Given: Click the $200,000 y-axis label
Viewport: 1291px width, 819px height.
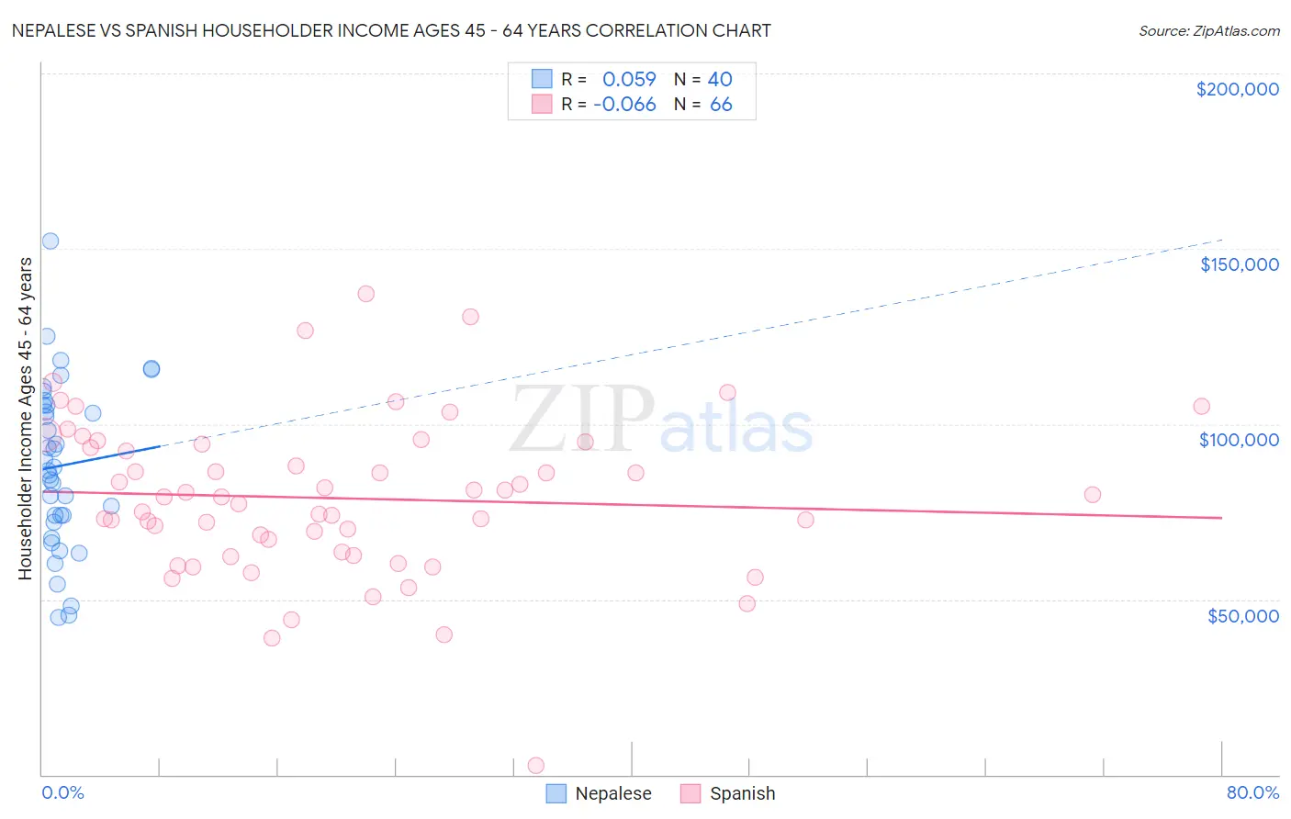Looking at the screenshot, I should coord(1237,89).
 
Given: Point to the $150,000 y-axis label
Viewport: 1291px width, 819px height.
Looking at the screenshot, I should coord(1239,264).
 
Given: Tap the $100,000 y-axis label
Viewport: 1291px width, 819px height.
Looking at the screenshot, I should coord(1239,440).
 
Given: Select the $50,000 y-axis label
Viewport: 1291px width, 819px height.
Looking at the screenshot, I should coord(1242,616).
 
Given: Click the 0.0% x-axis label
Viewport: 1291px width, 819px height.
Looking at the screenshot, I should coord(62,792).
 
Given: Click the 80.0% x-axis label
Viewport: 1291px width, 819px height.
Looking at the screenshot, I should coord(1252,792).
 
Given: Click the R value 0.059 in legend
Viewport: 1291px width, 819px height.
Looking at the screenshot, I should coord(629,80).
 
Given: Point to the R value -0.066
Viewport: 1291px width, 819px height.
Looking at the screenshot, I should coord(624,105).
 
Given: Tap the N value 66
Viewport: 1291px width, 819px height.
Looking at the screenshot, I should coord(721,105).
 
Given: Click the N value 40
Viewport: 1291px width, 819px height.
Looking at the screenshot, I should coord(720,80).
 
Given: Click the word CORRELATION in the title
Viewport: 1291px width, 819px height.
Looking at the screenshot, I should coord(646,30).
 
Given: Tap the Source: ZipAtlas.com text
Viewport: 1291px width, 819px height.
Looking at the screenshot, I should coord(1208,30).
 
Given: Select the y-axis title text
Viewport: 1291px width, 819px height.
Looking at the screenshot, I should coord(26,418).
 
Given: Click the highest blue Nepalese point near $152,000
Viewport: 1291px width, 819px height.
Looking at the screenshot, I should coord(51,241).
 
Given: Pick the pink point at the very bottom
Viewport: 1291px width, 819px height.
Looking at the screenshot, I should coord(536,766).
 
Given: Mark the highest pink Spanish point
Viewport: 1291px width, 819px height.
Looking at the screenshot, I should coord(365,294).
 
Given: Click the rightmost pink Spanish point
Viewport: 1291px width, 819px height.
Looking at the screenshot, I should coord(1201,406).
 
